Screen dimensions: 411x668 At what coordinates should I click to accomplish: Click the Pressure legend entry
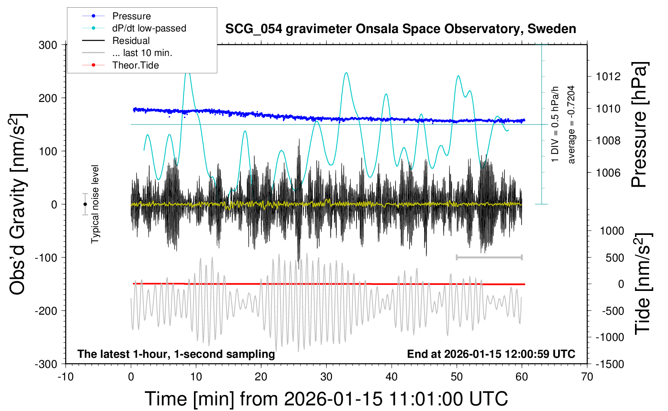[131, 16]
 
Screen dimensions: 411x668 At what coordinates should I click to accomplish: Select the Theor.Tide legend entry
[135, 65]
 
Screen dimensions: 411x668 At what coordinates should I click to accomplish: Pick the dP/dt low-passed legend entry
[149, 28]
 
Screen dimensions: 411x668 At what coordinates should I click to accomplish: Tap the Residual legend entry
[131, 41]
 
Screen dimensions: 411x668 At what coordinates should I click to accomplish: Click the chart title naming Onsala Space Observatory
[400, 29]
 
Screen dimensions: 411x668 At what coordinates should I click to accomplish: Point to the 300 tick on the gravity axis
[48, 45]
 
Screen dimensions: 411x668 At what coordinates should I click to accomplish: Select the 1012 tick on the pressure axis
[608, 77]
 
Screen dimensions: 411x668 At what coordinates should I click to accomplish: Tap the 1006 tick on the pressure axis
[608, 173]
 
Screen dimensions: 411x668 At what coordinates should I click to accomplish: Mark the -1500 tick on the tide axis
[609, 364]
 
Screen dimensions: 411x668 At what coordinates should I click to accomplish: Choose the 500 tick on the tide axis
[614, 258]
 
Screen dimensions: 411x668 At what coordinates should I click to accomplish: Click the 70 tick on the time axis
[587, 377]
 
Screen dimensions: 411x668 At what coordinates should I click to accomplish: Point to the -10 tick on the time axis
[66, 377]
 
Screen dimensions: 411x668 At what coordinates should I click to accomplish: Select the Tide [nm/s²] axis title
[643, 284]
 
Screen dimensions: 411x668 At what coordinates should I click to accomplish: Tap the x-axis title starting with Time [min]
[326, 399]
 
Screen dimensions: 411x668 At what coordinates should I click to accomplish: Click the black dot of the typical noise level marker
[85, 204]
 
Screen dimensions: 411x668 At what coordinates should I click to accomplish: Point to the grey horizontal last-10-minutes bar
[489, 257]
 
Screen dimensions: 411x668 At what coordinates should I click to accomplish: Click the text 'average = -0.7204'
[571, 125]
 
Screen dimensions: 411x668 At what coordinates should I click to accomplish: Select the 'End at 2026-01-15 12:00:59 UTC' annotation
[491, 354]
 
